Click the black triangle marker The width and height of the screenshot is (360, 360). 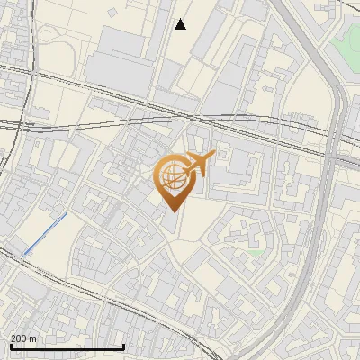click(181, 24)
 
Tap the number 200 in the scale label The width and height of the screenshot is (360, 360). click(19, 338)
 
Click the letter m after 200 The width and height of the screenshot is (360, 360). click(33, 338)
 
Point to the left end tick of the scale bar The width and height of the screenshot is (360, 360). click(10, 346)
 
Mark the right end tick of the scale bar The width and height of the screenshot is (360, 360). click(123, 346)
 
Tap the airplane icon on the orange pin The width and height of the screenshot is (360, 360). click(197, 166)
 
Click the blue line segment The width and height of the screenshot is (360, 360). click(45, 234)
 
